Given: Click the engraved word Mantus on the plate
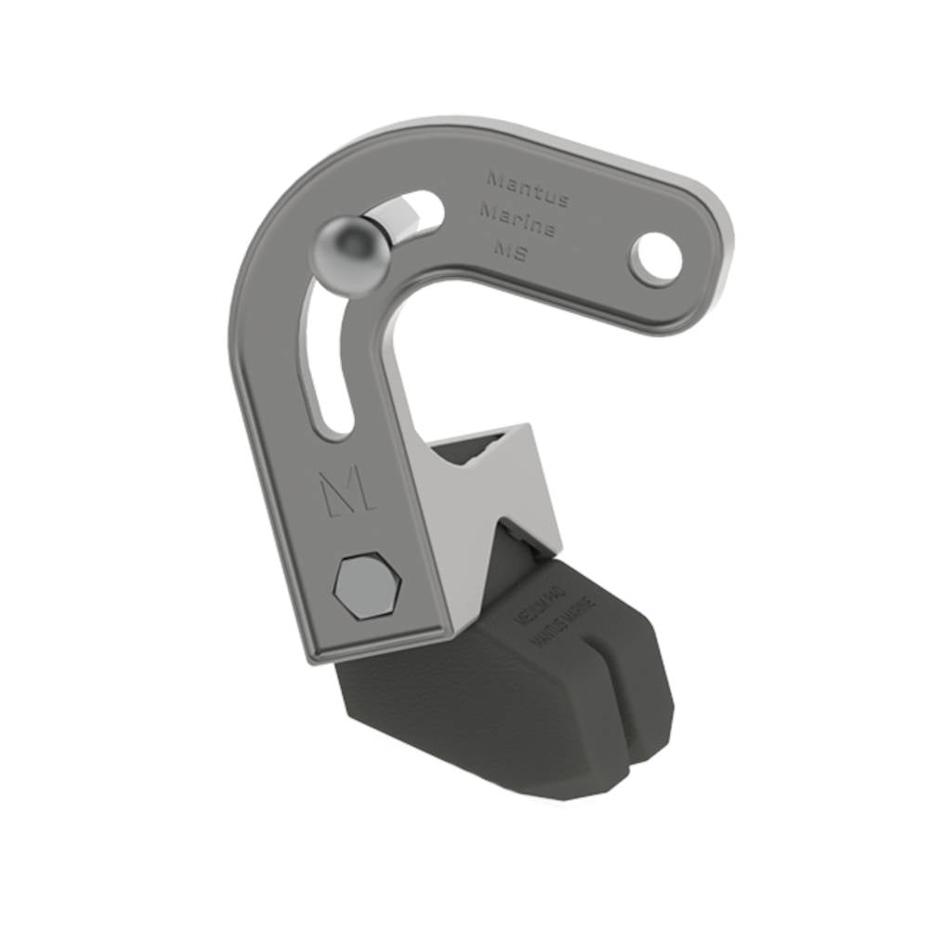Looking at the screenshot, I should [527, 181].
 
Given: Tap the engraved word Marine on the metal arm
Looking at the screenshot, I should [517, 217].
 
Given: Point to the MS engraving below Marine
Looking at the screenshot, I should [510, 249].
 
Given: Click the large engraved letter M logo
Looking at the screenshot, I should [347, 491].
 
